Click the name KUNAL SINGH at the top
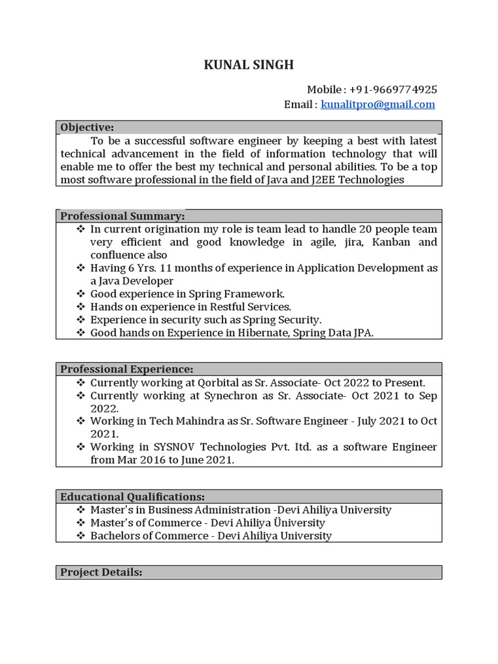(249, 64)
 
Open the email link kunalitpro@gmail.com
(378, 104)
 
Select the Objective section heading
(87, 127)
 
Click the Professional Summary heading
(123, 216)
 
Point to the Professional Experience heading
(126, 369)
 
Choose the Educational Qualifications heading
(132, 497)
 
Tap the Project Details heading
(101, 572)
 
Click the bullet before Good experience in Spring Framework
(80, 294)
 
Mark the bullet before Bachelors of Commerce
(80, 536)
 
